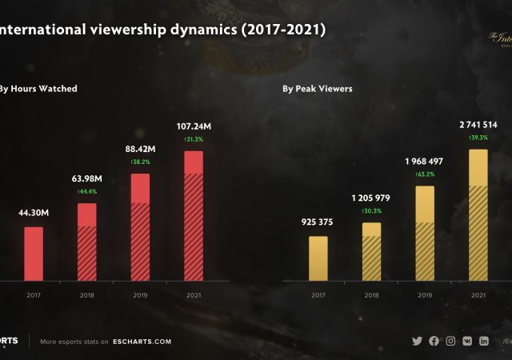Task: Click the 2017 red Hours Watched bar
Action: pos(33,254)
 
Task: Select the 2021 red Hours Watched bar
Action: pos(194,215)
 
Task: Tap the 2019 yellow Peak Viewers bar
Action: pos(424,233)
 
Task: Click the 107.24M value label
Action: pos(194,126)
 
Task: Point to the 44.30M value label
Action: pos(34,213)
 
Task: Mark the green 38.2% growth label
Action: pos(140,162)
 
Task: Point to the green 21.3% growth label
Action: pos(194,138)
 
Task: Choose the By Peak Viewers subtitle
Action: pos(317,89)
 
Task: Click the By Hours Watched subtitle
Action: pos(38,89)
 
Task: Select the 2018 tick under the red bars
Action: pos(86,295)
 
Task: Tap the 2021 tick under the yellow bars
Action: pos(478,295)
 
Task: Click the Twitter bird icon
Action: pos(417,341)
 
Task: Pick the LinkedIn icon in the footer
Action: pos(484,341)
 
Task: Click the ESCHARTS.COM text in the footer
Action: pos(142,342)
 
